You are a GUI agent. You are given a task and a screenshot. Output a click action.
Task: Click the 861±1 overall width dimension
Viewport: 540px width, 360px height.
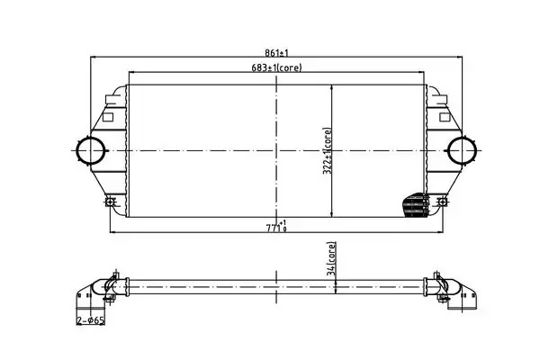pos(276,53)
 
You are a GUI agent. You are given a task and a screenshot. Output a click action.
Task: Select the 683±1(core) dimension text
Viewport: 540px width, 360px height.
pos(276,67)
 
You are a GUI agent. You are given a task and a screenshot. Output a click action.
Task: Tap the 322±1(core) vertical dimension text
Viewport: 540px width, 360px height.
pos(328,151)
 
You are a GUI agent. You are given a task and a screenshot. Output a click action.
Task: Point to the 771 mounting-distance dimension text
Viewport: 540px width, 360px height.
pos(276,227)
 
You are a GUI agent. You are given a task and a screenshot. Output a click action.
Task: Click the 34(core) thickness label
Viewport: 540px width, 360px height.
pos(331,258)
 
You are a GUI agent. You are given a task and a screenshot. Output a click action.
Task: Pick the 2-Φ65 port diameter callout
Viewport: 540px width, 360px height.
pos(91,320)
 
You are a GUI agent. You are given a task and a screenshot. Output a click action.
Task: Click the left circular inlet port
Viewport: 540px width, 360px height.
pos(90,151)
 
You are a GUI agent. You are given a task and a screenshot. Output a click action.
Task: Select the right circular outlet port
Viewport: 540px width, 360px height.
pos(462,151)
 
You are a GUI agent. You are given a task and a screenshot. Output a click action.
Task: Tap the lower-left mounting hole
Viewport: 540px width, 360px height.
pos(110,202)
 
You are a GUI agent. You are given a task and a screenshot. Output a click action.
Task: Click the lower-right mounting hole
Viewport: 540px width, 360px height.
pos(442,202)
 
